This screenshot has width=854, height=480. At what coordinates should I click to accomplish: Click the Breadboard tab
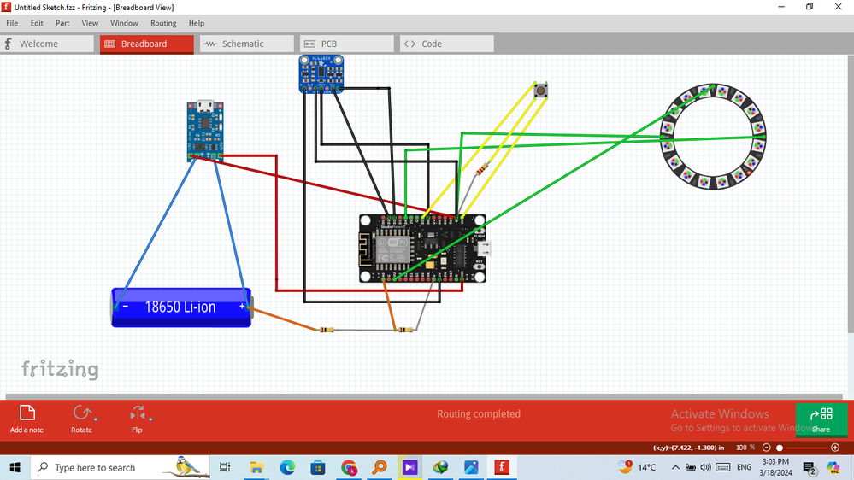[144, 44]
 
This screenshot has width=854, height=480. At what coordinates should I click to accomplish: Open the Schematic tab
[243, 44]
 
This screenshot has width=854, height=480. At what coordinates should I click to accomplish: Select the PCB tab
[328, 44]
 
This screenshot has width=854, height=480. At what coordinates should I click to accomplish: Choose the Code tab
[432, 44]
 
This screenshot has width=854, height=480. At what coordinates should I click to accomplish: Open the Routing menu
[163, 23]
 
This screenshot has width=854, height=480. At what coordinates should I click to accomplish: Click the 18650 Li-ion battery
[181, 307]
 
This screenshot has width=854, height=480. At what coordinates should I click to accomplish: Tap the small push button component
[540, 91]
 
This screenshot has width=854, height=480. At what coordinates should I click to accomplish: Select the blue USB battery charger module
[205, 131]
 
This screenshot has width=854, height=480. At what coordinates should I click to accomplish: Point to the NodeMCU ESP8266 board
[422, 248]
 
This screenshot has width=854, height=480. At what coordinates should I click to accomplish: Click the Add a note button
[27, 418]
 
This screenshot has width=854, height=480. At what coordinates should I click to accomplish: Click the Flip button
[137, 418]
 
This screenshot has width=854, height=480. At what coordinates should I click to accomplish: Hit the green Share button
[821, 418]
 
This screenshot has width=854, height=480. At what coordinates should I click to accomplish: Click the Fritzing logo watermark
[60, 369]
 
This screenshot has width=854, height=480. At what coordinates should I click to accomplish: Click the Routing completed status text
[479, 414]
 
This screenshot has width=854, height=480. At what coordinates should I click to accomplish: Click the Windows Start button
[15, 467]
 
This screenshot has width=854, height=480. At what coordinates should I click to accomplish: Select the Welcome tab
[38, 44]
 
